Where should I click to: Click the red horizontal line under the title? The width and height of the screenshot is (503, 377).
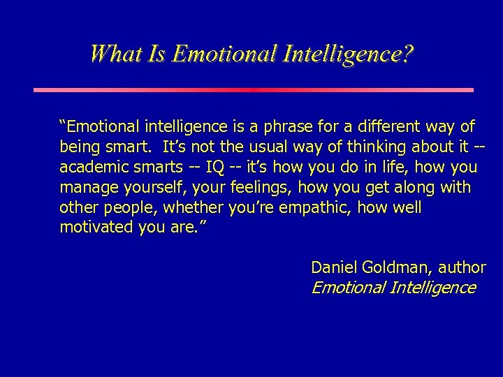point(254,90)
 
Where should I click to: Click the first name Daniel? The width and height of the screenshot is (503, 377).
point(332,267)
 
